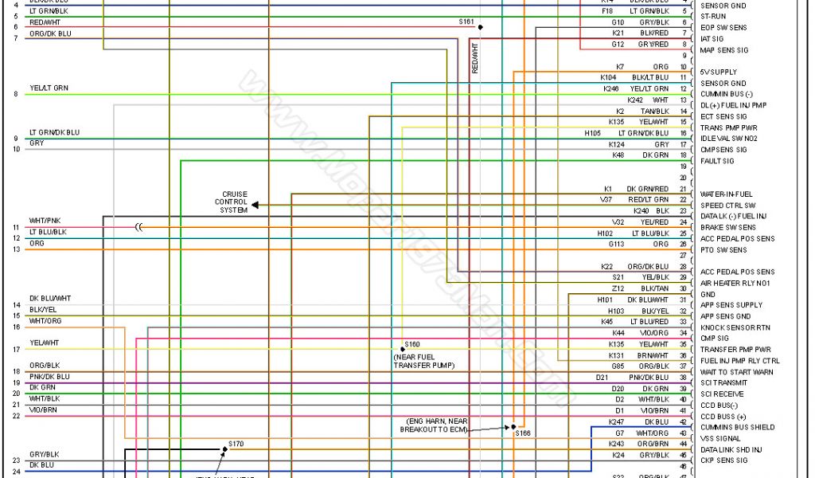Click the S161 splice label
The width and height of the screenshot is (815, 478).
click(x=466, y=22)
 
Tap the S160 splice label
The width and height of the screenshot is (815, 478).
click(x=412, y=344)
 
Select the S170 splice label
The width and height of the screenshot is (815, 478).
click(x=236, y=443)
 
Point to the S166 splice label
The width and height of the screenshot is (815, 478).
click(x=522, y=433)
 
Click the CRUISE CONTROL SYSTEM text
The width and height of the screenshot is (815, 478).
click(x=234, y=202)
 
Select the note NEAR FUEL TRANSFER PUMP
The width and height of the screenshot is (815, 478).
click(x=423, y=360)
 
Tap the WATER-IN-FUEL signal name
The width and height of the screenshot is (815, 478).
click(x=726, y=194)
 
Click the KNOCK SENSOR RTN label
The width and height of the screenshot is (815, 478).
click(x=735, y=327)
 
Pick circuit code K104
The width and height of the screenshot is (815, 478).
click(x=609, y=77)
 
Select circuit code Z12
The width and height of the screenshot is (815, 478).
click(x=618, y=288)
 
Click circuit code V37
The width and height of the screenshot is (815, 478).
click(x=606, y=199)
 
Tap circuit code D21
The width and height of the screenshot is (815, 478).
click(x=602, y=377)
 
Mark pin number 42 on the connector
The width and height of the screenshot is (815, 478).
click(x=683, y=421)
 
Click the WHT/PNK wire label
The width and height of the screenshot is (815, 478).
click(x=45, y=220)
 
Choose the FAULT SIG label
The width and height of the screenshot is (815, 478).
click(x=716, y=161)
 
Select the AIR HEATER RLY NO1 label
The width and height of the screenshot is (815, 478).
click(x=736, y=283)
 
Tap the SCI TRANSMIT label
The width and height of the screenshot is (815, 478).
click(x=724, y=383)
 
